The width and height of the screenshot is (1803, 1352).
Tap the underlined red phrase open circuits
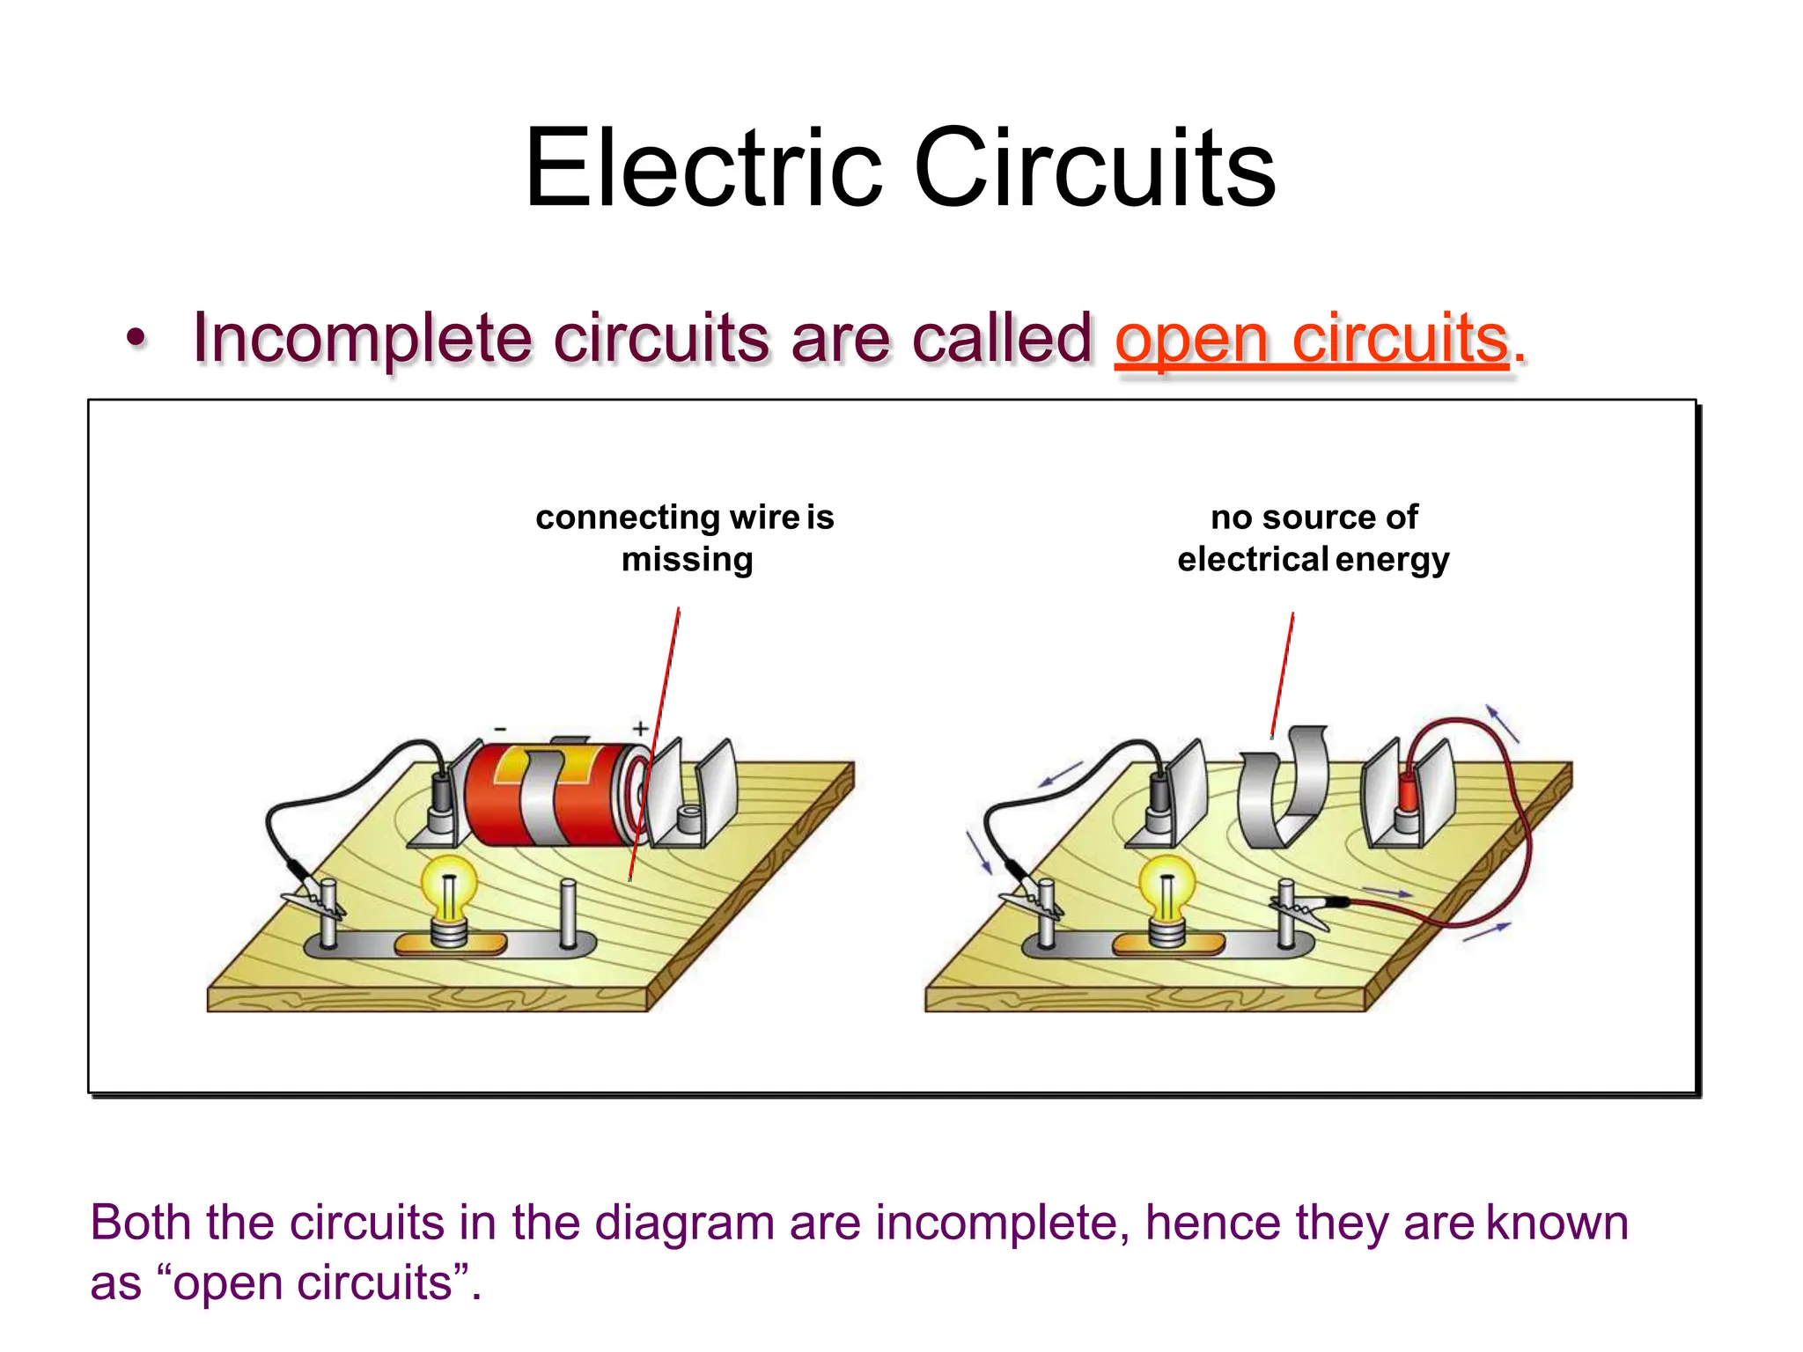click(1312, 339)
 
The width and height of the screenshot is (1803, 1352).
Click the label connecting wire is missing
click(685, 538)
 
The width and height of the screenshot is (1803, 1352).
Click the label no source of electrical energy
click(1314, 538)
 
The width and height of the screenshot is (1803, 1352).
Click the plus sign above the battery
click(641, 728)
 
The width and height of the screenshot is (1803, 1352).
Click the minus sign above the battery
click(500, 729)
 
